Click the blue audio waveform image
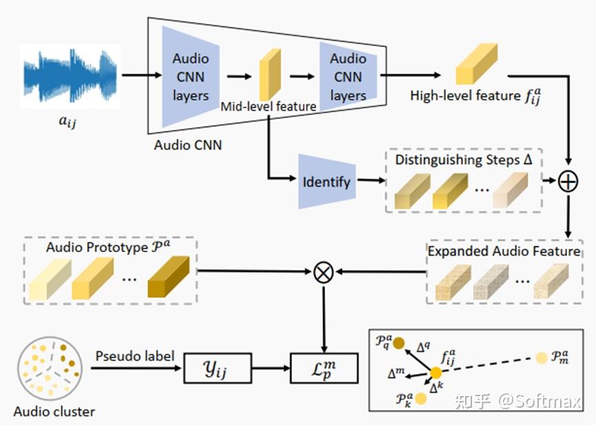(x=70, y=76)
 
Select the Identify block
(x=327, y=182)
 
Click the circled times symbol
(x=323, y=272)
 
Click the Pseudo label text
(x=135, y=357)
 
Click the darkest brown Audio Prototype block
(x=167, y=278)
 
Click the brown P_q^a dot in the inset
(x=398, y=342)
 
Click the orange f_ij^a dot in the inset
(x=436, y=373)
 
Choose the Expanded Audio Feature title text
(x=504, y=251)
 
